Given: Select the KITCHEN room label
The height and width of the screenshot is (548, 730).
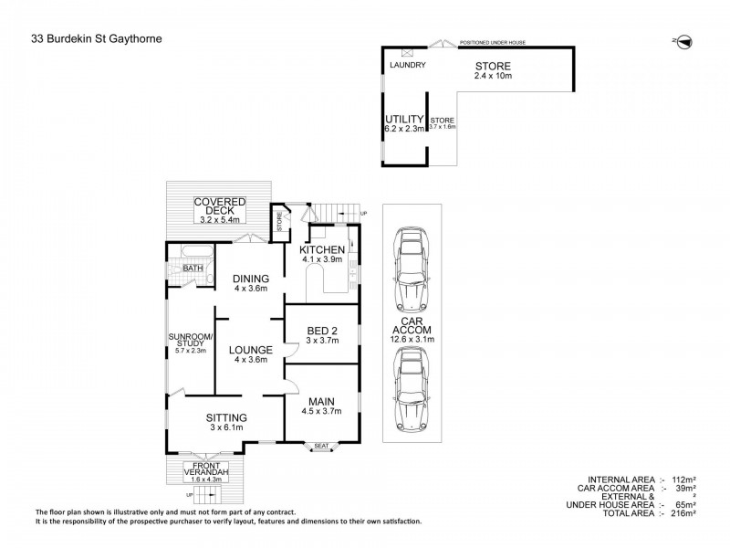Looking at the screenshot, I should tap(322, 250).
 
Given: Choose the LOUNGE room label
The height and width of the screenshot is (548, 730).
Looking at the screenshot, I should tap(251, 348).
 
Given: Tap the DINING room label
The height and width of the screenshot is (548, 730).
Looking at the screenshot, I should tap(250, 279).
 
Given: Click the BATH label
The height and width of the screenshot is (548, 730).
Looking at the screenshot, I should tap(193, 268).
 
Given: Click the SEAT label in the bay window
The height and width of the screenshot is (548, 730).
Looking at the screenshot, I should tap(321, 447).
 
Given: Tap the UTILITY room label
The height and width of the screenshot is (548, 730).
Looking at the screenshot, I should tap(404, 119).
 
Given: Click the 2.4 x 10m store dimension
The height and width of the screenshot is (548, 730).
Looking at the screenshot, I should tap(493, 78).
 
